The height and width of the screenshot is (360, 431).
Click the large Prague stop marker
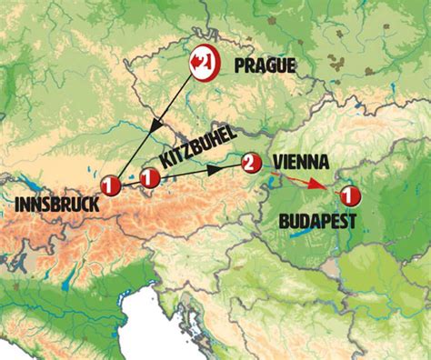click(203, 65)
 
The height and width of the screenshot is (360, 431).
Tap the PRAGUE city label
click(266, 65)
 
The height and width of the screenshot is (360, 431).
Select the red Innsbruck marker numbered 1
click(111, 185)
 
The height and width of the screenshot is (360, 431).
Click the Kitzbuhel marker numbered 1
click(148, 179)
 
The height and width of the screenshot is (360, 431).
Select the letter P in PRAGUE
click(239, 65)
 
